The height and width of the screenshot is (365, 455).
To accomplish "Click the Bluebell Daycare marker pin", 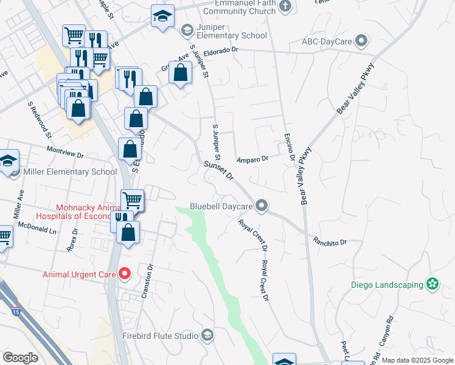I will pos(262,206).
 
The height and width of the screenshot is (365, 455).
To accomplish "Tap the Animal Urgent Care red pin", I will pos(125,274).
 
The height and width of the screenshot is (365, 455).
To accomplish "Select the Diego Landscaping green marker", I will pos(432,284).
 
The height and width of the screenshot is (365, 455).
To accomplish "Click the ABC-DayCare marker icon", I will pos(362,41).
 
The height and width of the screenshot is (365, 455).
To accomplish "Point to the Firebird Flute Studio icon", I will pos(207,335).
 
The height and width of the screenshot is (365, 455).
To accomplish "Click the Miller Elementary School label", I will pos(70,172).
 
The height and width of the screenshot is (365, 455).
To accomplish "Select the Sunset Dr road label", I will pos(219,170).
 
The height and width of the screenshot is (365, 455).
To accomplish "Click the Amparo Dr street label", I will pos(252,159).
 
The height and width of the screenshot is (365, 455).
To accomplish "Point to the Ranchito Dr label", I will pos(330,242).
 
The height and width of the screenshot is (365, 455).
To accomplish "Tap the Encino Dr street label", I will pos(290,148).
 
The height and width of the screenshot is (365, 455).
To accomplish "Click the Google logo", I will pos(20,357).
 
